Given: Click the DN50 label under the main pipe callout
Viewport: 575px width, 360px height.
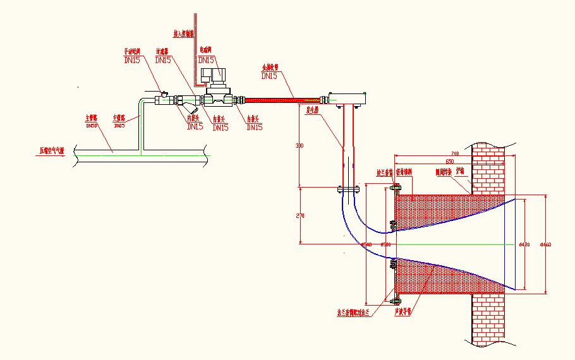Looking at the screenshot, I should point(92,125).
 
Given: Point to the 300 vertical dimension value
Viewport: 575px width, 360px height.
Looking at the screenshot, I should point(300,147).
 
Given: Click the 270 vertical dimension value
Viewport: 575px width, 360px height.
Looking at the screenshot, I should point(300,216).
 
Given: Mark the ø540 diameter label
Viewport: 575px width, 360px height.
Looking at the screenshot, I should point(366,244).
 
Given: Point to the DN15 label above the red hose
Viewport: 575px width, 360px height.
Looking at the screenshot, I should point(269,76).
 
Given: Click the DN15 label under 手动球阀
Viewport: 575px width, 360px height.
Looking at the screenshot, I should point(131,60).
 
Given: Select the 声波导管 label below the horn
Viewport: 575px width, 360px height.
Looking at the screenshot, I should point(402,311).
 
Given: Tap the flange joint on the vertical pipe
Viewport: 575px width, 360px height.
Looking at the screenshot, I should point(348,188).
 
